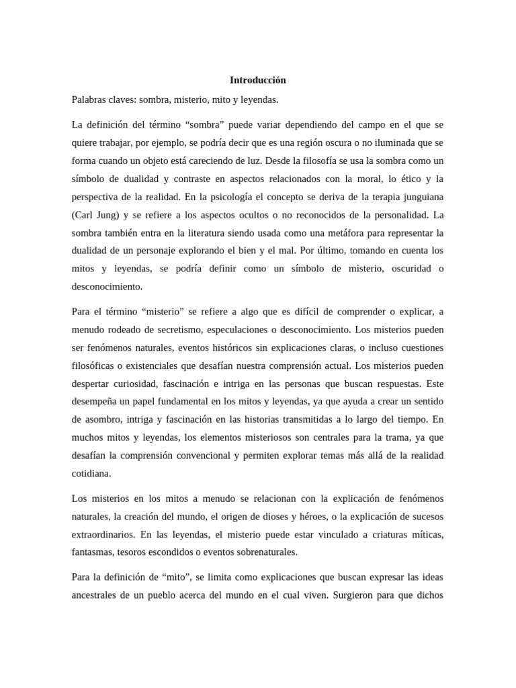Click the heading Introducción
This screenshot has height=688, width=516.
click(258, 80)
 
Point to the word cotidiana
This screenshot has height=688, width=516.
click(91, 473)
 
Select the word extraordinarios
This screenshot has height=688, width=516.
click(102, 535)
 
